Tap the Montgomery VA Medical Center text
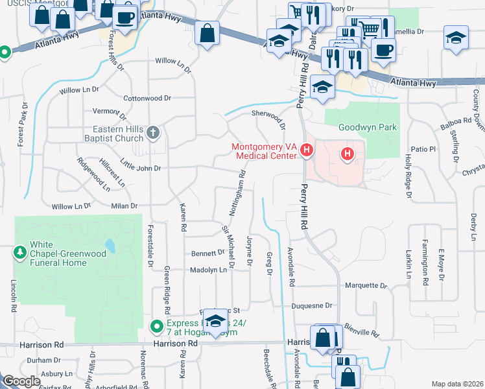click(265, 150)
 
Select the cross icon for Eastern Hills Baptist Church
click(153, 133)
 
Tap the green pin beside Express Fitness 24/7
click(156, 326)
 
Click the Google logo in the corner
click(21, 381)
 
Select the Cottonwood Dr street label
click(147, 99)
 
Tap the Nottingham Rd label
click(237, 193)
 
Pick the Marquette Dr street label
click(366, 285)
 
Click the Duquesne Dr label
click(311, 305)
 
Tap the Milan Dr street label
click(124, 206)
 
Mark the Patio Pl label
click(425, 149)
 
